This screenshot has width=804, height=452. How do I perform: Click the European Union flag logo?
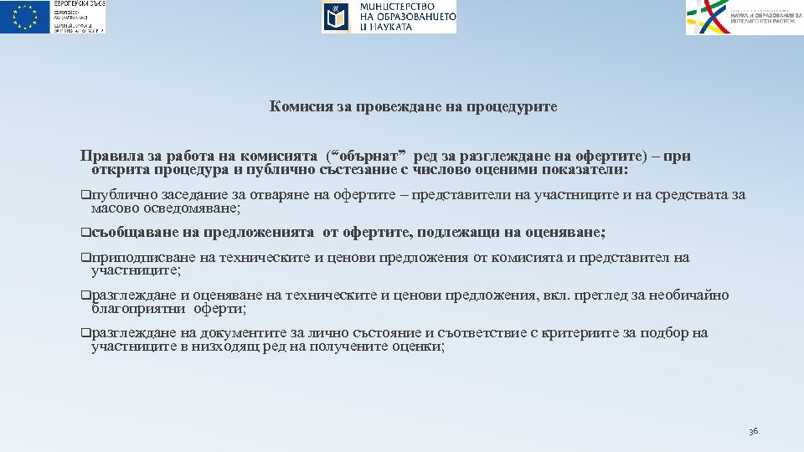point(25,17)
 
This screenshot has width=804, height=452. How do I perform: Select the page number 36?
point(753,431)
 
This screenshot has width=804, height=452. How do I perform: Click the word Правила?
point(110,156)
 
